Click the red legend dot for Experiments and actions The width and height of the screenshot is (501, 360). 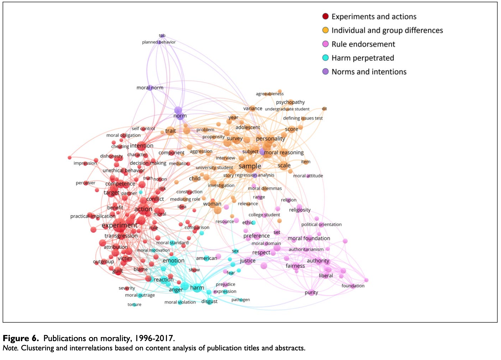pos(325,17)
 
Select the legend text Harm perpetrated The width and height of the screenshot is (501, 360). pos(363,58)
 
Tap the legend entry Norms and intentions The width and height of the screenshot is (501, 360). pos(369,72)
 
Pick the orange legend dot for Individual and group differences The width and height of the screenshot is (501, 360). pos(325,30)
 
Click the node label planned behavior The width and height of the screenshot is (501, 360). pos(159,42)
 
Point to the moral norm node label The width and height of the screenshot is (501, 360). pos(150,88)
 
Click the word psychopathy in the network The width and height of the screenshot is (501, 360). pos(290,102)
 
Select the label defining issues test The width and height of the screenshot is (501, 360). pos(303,118)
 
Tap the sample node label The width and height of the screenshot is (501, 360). pos(250,166)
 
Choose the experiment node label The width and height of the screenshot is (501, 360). pos(119,225)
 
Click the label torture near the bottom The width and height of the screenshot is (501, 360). pos(134,305)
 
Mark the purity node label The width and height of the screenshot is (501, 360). pos(311,293)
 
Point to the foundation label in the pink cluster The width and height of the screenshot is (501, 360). pos(353,286)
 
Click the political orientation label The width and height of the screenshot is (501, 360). pos(321,224)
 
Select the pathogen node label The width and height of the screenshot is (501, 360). pos(241,300)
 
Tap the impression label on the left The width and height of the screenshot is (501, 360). pos(85,163)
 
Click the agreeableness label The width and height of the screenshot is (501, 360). pos(270,94)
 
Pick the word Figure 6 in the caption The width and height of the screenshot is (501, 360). pos(21,338)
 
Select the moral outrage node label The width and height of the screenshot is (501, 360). pos(140,295)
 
